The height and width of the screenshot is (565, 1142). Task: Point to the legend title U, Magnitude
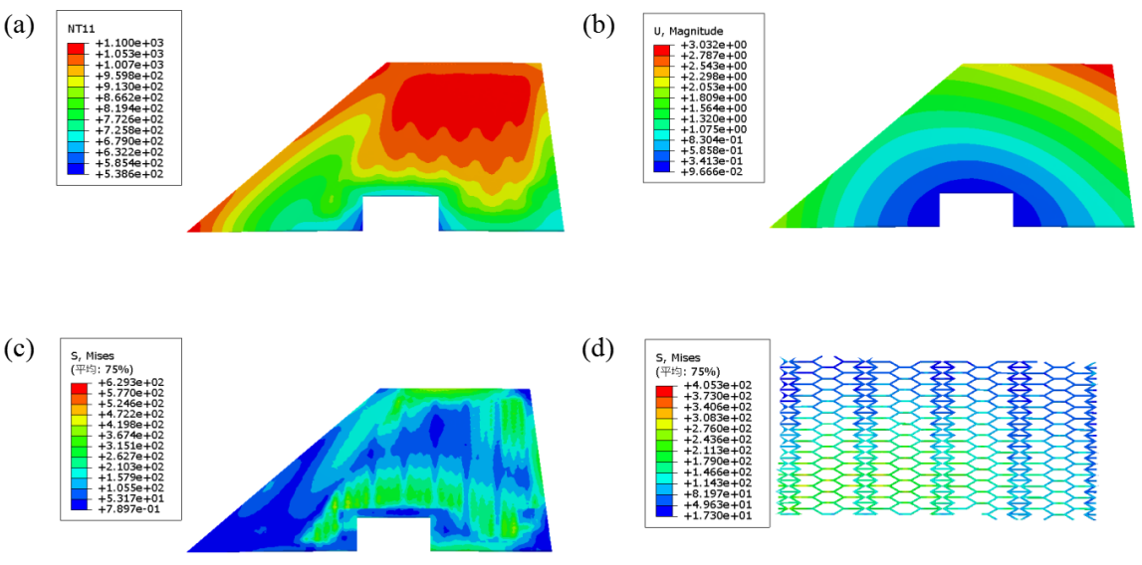(687, 31)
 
